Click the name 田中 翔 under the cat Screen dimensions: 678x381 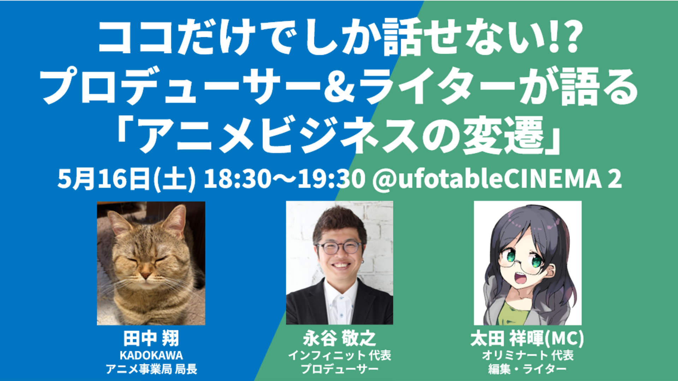pyautogui.click(x=151, y=338)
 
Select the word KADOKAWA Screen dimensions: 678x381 pyautogui.click(x=151, y=355)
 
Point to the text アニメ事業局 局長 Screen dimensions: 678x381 pyautogui.click(x=151, y=369)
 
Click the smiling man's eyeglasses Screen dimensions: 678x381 pyautogui.click(x=339, y=247)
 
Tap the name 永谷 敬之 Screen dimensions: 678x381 pyautogui.click(x=339, y=338)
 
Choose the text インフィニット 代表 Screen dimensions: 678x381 pyautogui.click(x=339, y=355)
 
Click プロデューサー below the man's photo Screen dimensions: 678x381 pyautogui.click(x=339, y=369)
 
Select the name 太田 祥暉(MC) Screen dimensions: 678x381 pyautogui.click(x=527, y=339)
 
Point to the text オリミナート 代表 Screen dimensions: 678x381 pyautogui.click(x=528, y=355)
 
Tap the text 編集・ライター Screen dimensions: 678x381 pyautogui.click(x=528, y=369)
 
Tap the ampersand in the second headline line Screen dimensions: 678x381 pyautogui.click(x=339, y=87)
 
